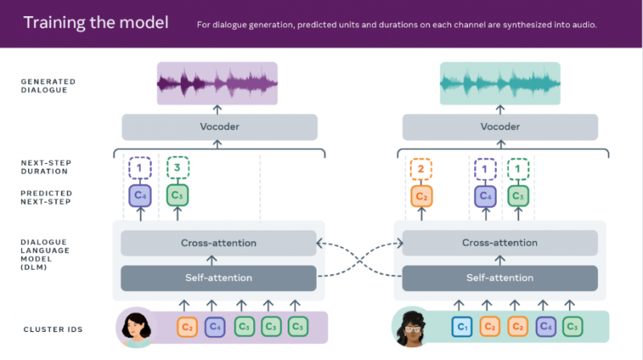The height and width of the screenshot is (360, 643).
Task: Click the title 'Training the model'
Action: [96, 22]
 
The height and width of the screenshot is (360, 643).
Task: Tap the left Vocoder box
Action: [219, 127]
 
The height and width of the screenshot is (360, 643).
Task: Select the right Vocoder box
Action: [500, 127]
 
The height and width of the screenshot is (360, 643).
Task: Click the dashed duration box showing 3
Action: [178, 168]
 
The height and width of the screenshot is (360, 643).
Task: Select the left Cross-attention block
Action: [219, 243]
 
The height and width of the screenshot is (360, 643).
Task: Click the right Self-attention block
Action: [500, 277]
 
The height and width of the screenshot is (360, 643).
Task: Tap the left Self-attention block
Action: [219, 277]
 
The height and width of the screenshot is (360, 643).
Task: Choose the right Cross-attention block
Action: [500, 243]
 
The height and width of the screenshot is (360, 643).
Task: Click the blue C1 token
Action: [461, 327]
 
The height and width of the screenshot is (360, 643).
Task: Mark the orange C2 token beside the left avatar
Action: [187, 327]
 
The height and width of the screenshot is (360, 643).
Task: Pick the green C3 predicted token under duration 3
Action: [178, 195]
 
